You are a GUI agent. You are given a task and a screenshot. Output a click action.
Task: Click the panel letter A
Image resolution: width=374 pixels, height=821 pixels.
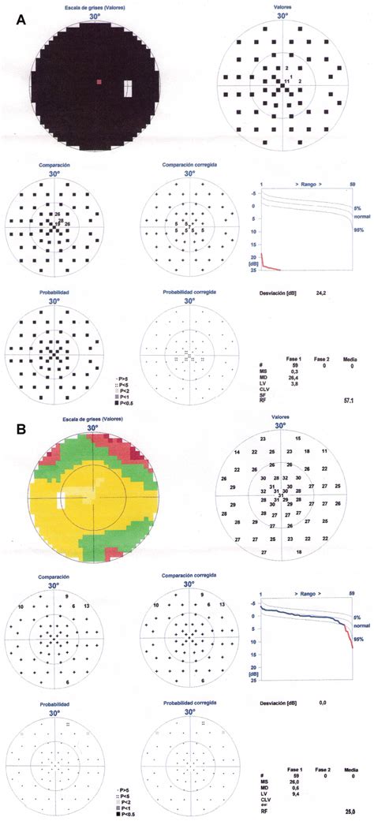coord(22,23)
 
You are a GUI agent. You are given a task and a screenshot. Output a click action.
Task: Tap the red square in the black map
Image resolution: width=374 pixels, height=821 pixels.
coord(99,81)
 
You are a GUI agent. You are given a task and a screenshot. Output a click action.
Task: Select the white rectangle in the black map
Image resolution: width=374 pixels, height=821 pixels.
coord(128,88)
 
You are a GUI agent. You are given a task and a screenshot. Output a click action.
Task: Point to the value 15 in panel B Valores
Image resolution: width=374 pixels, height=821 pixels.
coord(297,438)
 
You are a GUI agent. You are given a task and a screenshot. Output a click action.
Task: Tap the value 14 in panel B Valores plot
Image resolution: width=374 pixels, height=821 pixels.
coord(237,452)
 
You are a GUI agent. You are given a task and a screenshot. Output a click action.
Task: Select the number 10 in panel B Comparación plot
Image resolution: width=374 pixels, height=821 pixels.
coord(21,606)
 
